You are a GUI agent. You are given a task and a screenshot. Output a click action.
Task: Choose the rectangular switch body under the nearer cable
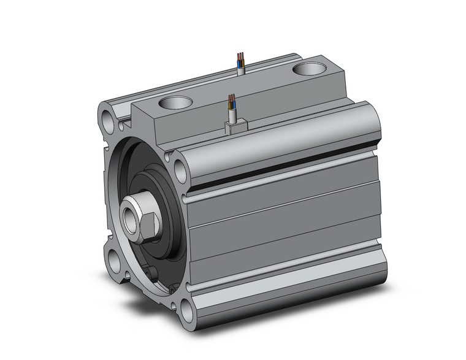pyautogui.click(x=236, y=127)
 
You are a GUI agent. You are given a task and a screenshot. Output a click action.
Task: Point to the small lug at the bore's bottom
pyautogui.click(x=151, y=272)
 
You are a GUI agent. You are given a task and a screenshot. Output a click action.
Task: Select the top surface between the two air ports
pyautogui.click(x=239, y=86)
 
